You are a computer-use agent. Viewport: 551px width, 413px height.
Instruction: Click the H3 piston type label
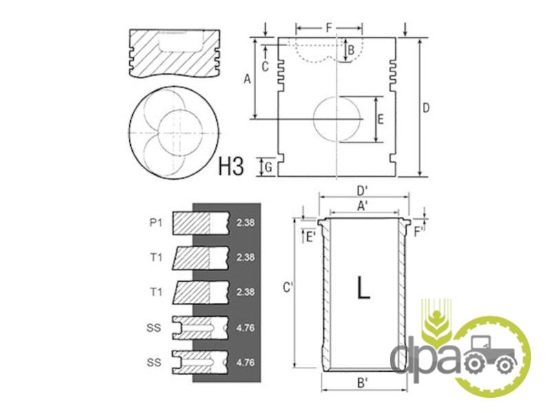[231, 166]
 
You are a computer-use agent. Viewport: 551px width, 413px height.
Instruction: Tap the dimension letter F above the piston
[329, 28]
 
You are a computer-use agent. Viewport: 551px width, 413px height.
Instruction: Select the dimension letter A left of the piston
[247, 79]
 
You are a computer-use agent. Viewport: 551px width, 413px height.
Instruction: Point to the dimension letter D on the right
[426, 108]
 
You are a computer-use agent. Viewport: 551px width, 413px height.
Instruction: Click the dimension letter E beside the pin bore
[380, 120]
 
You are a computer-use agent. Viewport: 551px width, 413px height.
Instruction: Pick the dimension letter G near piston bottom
[269, 167]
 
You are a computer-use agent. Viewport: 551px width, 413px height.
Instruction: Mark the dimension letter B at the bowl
[351, 50]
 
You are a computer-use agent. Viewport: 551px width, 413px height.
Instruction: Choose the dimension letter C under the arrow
[265, 66]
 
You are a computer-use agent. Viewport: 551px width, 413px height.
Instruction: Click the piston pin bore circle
[337, 119]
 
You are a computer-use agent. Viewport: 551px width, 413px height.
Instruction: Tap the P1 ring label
[156, 222]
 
